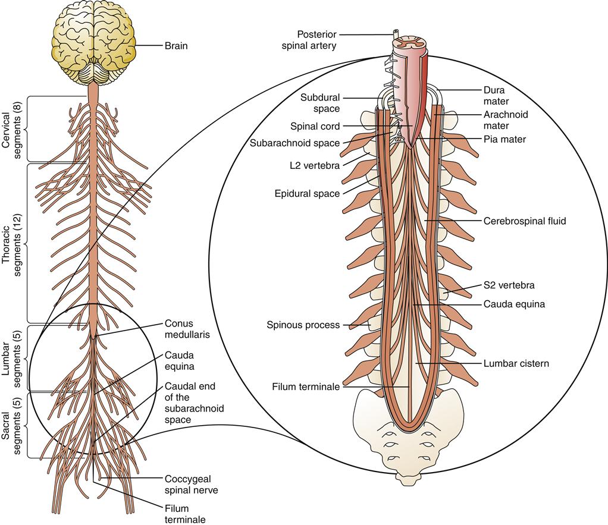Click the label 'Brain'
pos(175,45)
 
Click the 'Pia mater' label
pos(504,139)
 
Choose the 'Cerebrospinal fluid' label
pos(524,221)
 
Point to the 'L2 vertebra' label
pos(315,166)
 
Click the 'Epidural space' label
pos(307,194)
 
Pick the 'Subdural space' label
pos(319,102)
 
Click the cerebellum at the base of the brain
pos(92,73)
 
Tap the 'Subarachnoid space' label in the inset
pos(294,143)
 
